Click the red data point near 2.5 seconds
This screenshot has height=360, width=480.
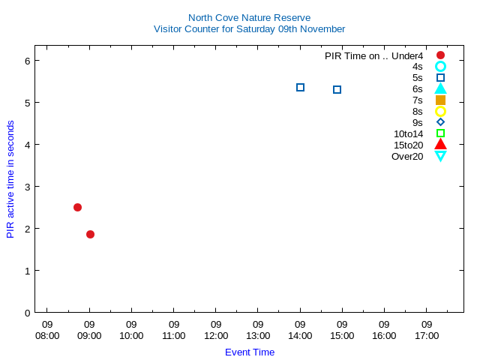coord(77,207)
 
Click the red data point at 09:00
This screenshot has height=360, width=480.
coord(90,234)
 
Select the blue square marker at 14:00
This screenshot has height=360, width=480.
coord(300,88)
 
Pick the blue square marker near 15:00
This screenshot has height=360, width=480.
coord(337,90)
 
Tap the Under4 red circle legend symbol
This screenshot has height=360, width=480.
coord(440,55)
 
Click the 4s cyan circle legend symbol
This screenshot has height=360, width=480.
coord(440,67)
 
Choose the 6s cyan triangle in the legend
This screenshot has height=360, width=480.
coord(440,88)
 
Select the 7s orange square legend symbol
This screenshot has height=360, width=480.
coord(440,100)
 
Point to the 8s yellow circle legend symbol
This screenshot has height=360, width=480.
coord(440,111)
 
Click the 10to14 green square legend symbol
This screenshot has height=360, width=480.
coord(440,133)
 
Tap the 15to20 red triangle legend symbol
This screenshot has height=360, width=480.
coord(440,144)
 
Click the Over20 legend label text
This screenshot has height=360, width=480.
coord(407,156)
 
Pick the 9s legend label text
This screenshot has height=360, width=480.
coord(417,122)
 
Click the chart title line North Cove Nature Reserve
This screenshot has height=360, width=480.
coord(249,17)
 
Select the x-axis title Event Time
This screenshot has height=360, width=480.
coord(250,352)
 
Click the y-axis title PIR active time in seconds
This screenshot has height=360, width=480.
coord(10,178)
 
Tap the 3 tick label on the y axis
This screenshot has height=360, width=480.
coord(26,187)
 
